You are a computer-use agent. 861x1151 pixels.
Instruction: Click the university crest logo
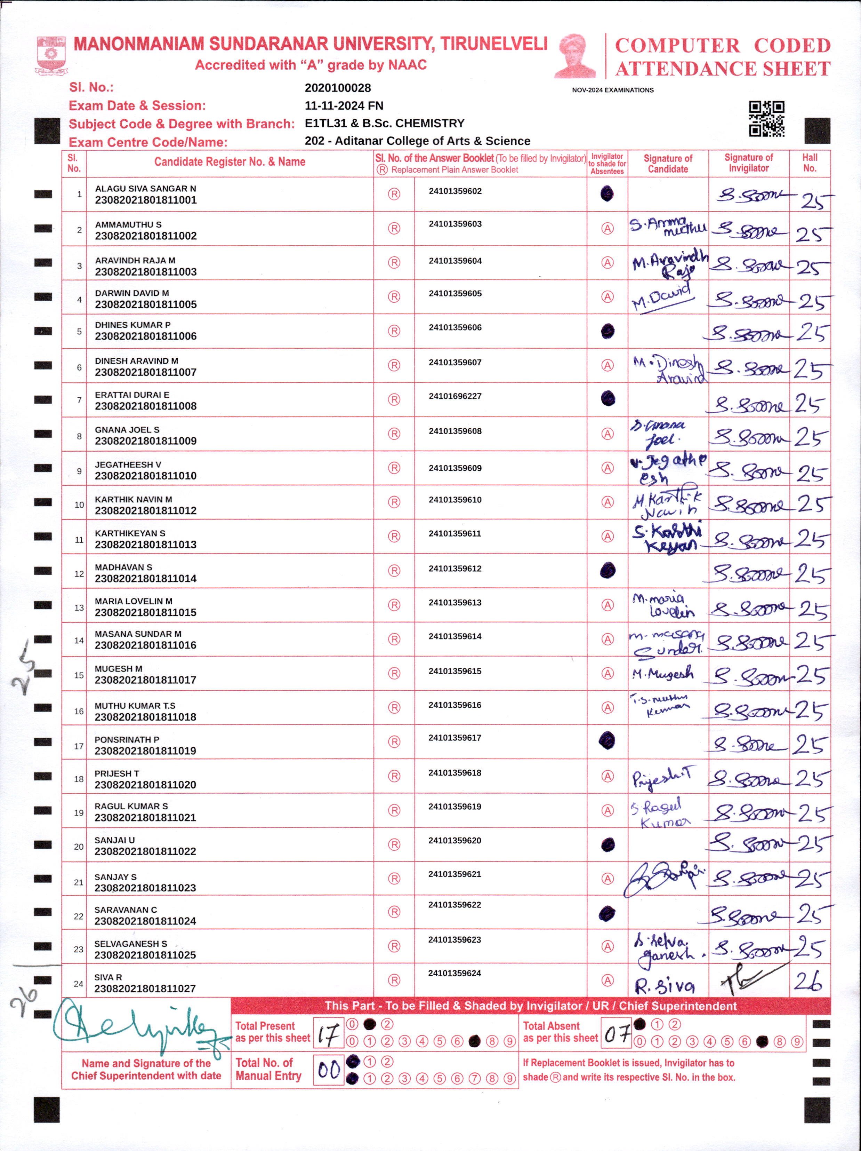pos(50,55)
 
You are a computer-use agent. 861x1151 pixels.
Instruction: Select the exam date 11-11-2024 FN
pos(344,106)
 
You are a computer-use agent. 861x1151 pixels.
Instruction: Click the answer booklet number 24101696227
pos(455,396)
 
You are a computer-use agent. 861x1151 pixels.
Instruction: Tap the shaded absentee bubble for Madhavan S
pos(607,570)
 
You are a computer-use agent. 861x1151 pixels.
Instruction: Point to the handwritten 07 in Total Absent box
pos(617,1033)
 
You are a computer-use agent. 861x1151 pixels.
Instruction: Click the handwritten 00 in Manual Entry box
pos(329,1070)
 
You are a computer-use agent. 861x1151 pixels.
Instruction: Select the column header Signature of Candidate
pos(668,164)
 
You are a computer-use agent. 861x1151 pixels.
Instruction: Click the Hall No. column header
pos(810,163)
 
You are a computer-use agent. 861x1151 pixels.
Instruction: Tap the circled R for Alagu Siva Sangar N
pos(394,194)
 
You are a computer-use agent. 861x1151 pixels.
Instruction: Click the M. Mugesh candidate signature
pos(662,674)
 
